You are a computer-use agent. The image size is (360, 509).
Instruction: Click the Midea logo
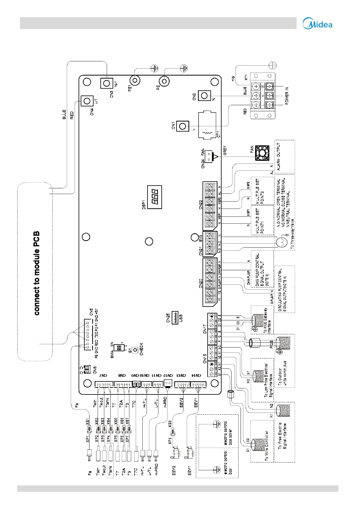point(317,24)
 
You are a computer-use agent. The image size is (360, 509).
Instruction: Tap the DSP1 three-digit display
point(154,197)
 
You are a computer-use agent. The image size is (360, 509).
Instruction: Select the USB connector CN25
point(175,317)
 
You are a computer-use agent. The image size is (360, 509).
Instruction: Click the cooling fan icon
point(262,153)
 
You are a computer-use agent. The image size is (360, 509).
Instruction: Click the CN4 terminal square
point(87,101)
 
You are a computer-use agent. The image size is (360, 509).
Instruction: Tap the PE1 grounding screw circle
point(135,81)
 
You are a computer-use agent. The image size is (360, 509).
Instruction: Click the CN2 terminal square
point(204,96)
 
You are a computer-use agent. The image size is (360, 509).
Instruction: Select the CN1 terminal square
point(183,126)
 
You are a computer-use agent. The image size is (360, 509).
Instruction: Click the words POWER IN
point(287,96)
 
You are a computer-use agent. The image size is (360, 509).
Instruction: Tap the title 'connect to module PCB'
point(37,273)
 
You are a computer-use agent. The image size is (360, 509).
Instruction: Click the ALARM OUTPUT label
point(279,156)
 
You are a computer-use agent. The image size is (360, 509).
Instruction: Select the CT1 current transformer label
point(219,134)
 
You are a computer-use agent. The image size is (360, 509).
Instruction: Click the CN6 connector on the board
point(87,369)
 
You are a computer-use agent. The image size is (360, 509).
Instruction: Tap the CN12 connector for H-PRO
point(168,383)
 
